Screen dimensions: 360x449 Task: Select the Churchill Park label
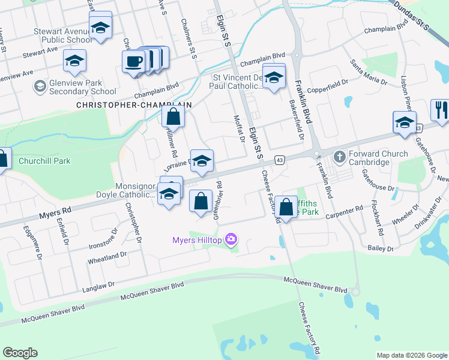pyautogui.click(x=44, y=161)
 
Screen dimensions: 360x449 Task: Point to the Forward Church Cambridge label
pyautogui.click(x=379, y=158)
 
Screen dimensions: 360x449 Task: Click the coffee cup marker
pyautogui.click(x=133, y=61)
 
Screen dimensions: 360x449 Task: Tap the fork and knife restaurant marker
pyautogui.click(x=441, y=110)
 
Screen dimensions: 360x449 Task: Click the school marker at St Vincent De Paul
pyautogui.click(x=274, y=78)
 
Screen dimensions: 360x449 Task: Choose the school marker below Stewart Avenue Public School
pyautogui.click(x=74, y=61)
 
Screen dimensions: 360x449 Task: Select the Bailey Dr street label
pyautogui.click(x=381, y=248)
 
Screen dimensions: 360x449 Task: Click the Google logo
pyautogui.click(x=20, y=353)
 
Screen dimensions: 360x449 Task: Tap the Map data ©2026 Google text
pyautogui.click(x=411, y=355)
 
